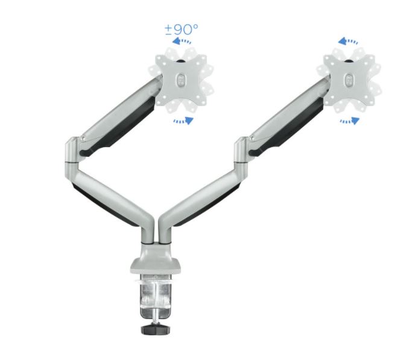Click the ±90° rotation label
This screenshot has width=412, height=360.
click(x=182, y=30)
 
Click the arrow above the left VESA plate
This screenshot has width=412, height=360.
click(x=183, y=42)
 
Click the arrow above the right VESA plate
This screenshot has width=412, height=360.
click(x=349, y=42)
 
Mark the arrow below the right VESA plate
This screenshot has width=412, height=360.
click(x=349, y=121)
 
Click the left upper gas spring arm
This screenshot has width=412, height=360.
click(x=118, y=112)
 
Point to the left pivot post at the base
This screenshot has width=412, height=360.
click(x=147, y=233)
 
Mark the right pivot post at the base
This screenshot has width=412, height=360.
click(x=163, y=232)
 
